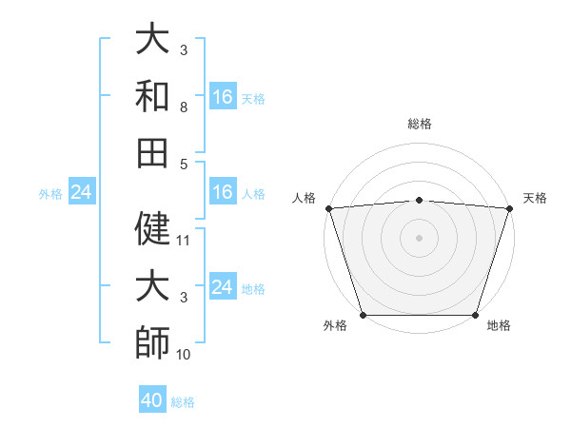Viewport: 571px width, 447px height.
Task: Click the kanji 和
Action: (x=152, y=96)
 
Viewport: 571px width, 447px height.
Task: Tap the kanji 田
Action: (x=152, y=152)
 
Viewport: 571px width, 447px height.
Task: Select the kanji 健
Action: (x=152, y=227)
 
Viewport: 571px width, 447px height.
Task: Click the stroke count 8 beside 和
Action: (x=183, y=107)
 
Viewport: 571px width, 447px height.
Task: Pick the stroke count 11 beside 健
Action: (x=185, y=240)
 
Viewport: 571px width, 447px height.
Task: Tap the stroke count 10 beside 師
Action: (x=185, y=355)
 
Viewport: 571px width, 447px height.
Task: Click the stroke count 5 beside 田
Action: (x=183, y=164)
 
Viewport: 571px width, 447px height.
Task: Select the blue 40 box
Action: (x=152, y=400)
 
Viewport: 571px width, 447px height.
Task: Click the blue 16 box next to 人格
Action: (x=223, y=193)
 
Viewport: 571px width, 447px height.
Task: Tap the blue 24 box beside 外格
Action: (x=81, y=193)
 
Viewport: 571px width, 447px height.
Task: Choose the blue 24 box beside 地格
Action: (x=223, y=287)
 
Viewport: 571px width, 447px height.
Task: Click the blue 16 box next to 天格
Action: (x=223, y=97)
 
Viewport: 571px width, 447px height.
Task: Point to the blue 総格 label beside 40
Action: (x=183, y=402)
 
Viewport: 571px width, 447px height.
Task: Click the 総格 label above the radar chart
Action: (x=419, y=124)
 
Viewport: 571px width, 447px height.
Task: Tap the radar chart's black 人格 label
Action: (x=304, y=198)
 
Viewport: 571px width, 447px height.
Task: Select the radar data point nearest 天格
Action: (x=509, y=208)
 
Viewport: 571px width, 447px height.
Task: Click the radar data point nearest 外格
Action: (x=363, y=315)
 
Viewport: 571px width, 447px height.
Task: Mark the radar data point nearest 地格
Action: (x=475, y=315)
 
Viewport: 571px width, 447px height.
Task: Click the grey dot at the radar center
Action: (x=419, y=237)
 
